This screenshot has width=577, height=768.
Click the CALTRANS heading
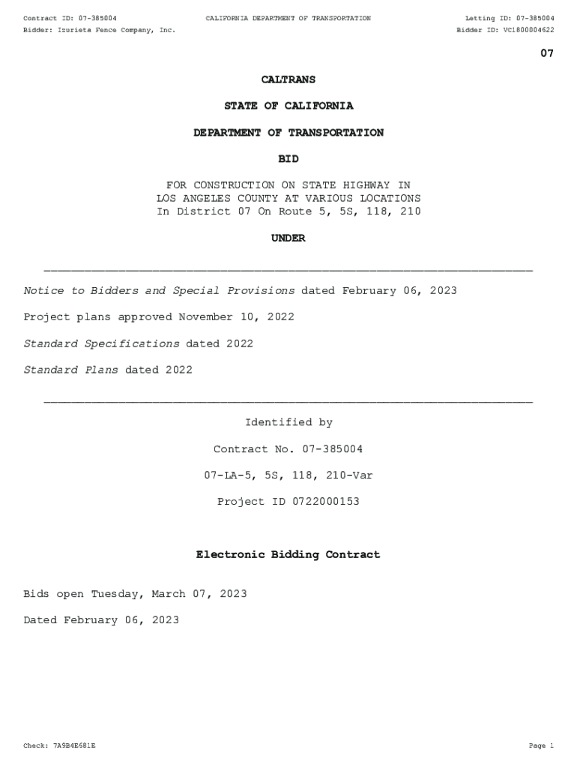[288, 79]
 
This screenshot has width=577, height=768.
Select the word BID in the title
[288, 159]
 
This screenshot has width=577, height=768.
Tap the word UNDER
[288, 238]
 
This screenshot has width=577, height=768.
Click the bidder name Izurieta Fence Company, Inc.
[116, 30]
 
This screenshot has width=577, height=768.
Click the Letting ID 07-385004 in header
[531, 18]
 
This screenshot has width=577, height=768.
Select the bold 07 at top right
[547, 53]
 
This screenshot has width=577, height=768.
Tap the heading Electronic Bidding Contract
[288, 555]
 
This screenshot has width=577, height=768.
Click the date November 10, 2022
[236, 317]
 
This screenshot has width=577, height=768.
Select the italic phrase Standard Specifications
[101, 343]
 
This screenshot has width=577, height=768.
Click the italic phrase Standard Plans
[70, 370]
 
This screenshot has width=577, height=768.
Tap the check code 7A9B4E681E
[74, 746]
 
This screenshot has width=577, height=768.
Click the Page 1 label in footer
[540, 746]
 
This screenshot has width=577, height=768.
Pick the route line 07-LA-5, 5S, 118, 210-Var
[288, 475]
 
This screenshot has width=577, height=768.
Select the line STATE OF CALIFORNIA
[288, 106]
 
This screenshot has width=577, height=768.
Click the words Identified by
[288, 423]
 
